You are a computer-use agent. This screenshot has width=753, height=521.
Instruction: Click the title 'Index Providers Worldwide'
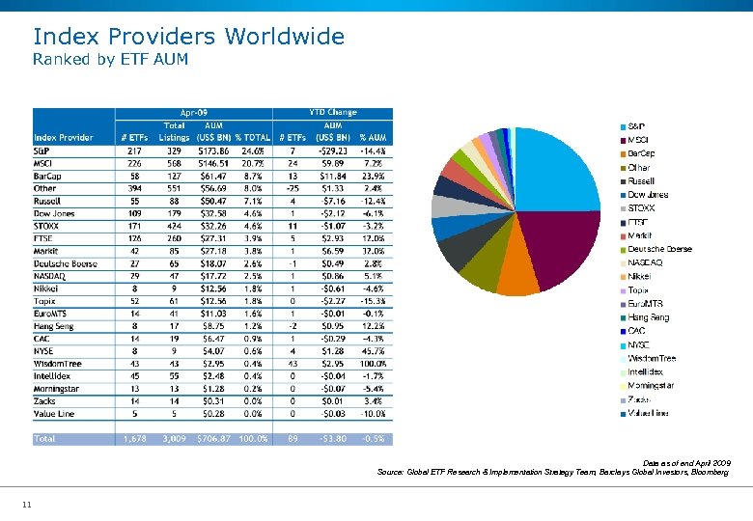pos(188,37)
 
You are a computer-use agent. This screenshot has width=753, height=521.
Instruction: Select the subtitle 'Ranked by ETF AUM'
pos(110,60)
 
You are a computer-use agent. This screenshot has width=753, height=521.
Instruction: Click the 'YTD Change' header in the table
pos(333,113)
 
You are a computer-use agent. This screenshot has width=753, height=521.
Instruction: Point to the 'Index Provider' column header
pos(64,138)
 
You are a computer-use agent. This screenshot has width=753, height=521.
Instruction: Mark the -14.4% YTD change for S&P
pos(373,151)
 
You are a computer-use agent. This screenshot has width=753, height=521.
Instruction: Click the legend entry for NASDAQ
pos(644,262)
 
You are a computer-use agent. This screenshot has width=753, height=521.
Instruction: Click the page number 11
pos(27,504)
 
